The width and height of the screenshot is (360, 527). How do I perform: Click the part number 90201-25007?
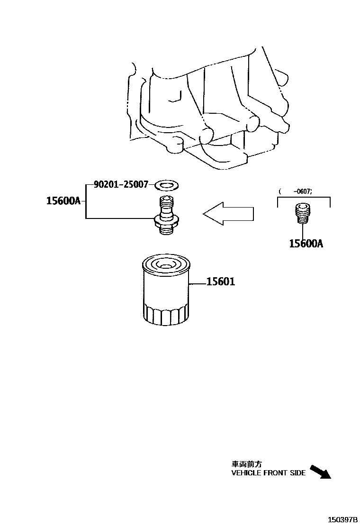pyautogui.click(x=121, y=184)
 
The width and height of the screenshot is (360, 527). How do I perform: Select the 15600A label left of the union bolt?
pyautogui.click(x=63, y=200)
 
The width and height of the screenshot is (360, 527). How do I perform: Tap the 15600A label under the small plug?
pyautogui.click(x=306, y=244)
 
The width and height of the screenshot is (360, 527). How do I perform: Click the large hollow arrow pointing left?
pyautogui.click(x=228, y=214)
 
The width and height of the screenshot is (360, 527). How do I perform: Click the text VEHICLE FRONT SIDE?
pyautogui.click(x=268, y=472)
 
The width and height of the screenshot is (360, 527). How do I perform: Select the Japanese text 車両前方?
pyautogui.click(x=246, y=464)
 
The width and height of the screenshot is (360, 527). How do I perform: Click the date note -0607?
pyautogui.click(x=303, y=191)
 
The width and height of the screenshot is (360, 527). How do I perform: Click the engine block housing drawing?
pyautogui.click(x=208, y=109)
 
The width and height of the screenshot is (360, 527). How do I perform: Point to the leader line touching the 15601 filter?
pyautogui.click(x=198, y=283)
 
